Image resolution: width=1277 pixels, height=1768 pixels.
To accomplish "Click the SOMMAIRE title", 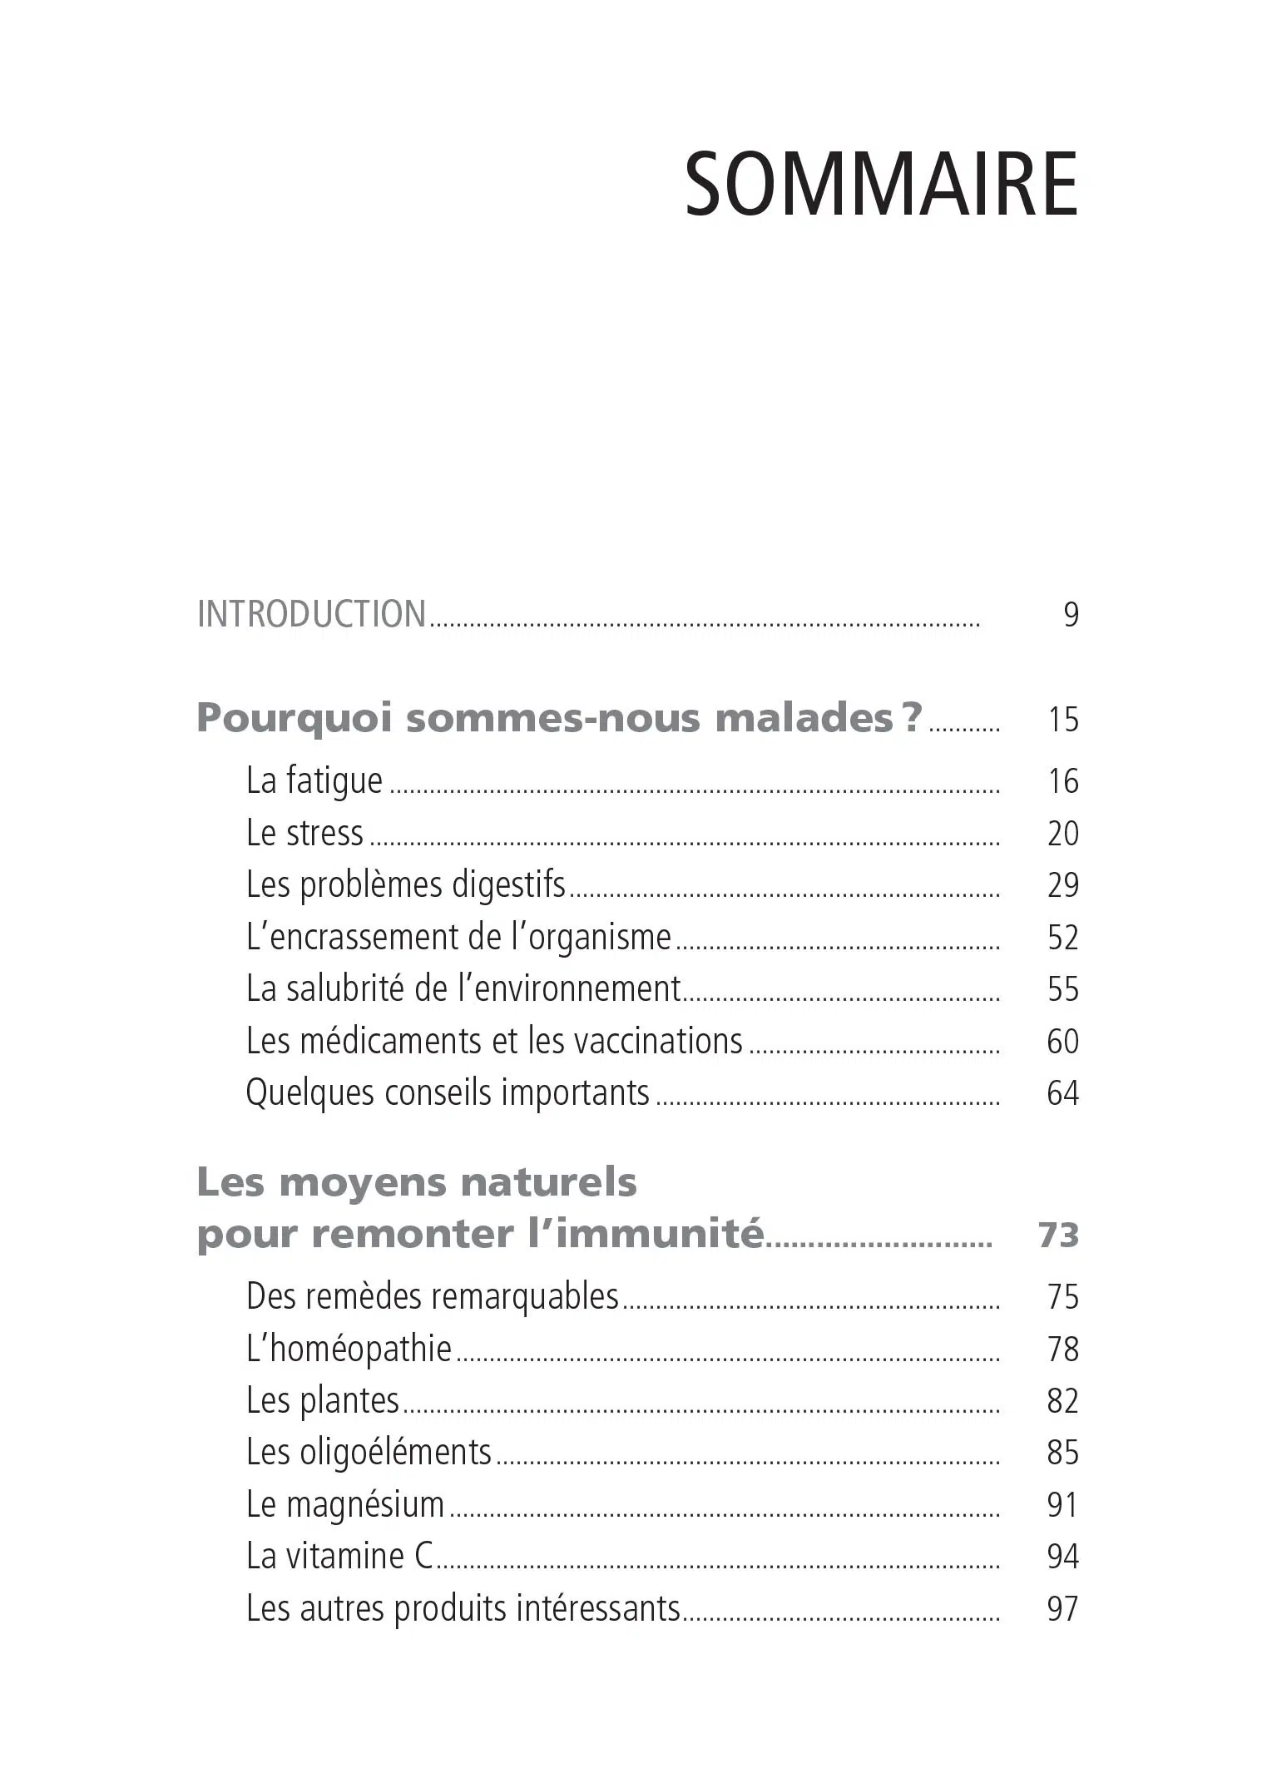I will click(881, 184).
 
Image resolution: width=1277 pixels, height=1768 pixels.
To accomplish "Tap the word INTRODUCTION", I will click(312, 615).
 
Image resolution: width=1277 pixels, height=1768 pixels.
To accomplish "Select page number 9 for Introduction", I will click(1071, 615).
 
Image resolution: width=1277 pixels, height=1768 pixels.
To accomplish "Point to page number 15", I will click(1062, 720).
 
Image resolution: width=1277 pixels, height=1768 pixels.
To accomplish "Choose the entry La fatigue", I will click(314, 781).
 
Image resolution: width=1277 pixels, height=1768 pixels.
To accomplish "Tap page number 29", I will click(1062, 885).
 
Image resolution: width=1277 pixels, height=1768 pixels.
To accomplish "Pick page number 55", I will click(1062, 989).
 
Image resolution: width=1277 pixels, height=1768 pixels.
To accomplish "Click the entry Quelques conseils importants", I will click(448, 1093).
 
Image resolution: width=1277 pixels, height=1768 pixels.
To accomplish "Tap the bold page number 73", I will click(1058, 1236).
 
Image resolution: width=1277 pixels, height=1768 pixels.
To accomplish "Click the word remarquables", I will click(526, 1297).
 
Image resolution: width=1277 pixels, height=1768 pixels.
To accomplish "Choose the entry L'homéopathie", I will click(349, 1350).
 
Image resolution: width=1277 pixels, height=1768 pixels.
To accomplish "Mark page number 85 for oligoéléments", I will click(1062, 1453).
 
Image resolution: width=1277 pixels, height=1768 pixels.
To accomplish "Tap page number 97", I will click(1062, 1609).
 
